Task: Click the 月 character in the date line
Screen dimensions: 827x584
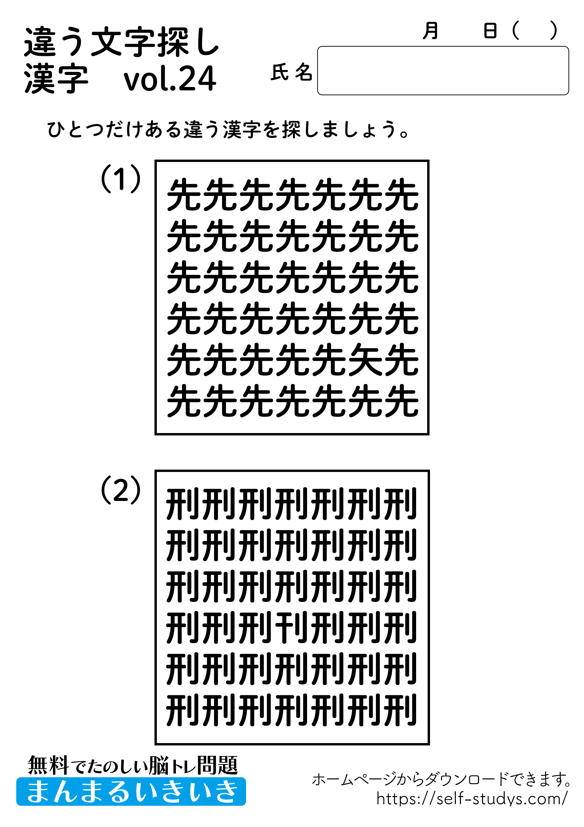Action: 430,31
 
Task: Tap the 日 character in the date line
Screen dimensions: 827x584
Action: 490,31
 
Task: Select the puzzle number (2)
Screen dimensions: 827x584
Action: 121,490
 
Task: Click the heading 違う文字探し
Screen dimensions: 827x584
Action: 122,42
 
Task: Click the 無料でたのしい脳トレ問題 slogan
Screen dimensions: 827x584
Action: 133,765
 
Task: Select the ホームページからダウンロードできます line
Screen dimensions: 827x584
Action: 441,779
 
